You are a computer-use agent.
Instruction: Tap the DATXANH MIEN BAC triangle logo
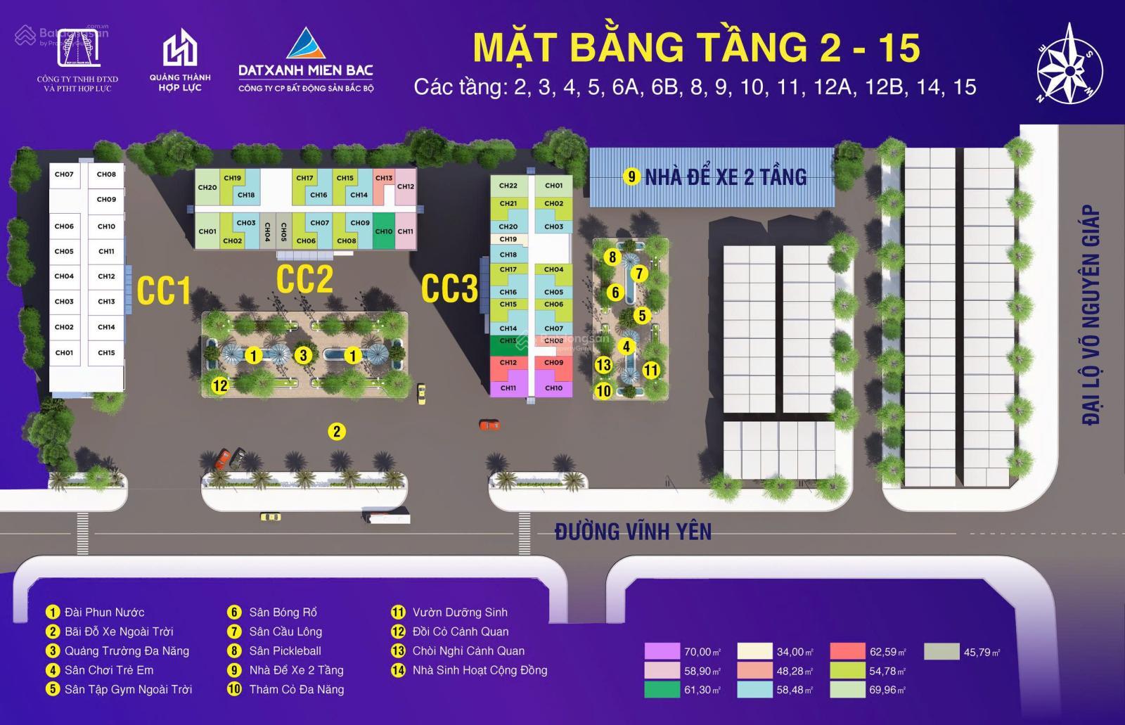point(306,46)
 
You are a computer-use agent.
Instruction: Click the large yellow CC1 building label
point(164,290)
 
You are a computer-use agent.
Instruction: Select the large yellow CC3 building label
point(450,288)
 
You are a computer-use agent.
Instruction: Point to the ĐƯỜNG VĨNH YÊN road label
point(633,532)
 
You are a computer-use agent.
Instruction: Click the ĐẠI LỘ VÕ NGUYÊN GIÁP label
point(1091,314)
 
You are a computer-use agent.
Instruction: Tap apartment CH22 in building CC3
point(508,186)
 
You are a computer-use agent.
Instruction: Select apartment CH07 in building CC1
point(64,174)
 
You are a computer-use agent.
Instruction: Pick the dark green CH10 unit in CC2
point(384,231)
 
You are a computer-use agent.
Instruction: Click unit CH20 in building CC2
point(207,188)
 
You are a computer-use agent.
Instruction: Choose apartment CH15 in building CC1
point(106,352)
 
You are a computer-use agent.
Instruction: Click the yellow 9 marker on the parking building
point(632,177)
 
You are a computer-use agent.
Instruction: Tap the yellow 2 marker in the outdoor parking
point(337,431)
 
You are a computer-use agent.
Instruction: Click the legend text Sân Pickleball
point(285,650)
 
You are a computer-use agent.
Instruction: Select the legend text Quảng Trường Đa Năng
point(127,650)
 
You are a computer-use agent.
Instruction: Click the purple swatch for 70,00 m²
point(662,652)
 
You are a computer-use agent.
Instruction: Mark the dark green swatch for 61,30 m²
point(662,690)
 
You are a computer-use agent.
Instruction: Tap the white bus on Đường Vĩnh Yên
point(385,517)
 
